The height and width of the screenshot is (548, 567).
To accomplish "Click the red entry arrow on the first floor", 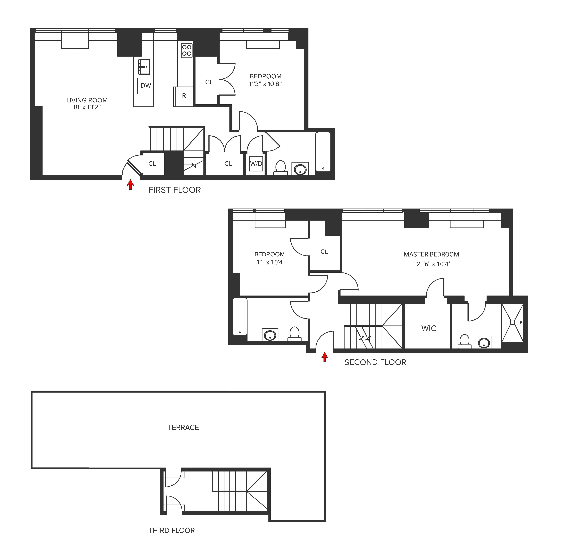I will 131,184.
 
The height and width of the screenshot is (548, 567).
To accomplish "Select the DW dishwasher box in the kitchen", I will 145,86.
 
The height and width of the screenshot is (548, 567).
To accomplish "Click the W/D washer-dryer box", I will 256,164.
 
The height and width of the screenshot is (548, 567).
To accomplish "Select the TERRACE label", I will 183,427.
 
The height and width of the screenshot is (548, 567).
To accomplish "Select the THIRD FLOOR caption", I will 172,530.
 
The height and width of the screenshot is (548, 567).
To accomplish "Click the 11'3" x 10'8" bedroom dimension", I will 265,84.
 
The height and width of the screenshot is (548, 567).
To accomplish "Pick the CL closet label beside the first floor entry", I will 152,164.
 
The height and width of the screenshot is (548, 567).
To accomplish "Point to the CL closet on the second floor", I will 324,252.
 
